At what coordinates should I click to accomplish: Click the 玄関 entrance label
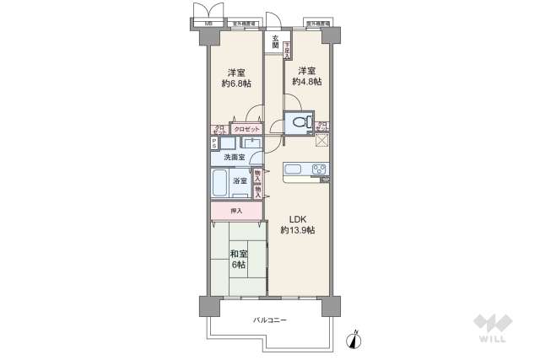[275, 41]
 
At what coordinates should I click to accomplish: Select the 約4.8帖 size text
[305, 83]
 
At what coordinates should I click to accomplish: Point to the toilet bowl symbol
[298, 124]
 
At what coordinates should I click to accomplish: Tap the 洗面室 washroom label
[235, 158]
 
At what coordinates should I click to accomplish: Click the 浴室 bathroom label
[240, 181]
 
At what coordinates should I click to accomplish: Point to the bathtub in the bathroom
[219, 181]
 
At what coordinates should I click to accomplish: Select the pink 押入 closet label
[236, 211]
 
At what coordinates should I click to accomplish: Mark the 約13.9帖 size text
[298, 229]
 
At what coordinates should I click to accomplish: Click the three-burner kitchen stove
[320, 169]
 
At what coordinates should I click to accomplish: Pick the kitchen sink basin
[293, 170]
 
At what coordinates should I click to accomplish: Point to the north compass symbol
[356, 340]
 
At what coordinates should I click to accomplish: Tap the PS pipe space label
[214, 143]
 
